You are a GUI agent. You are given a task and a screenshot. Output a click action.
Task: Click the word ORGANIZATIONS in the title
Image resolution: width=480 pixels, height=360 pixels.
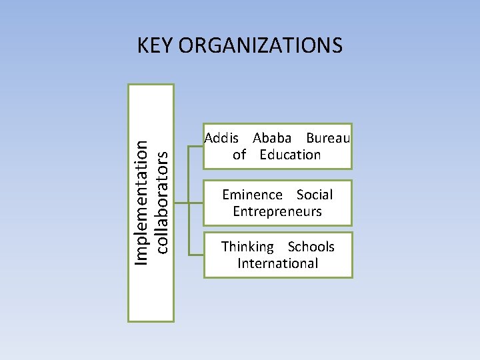point(261,45)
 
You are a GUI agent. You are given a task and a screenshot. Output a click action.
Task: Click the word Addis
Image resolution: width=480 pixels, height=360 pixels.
point(221,138)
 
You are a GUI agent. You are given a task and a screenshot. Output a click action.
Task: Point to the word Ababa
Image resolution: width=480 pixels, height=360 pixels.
point(272,138)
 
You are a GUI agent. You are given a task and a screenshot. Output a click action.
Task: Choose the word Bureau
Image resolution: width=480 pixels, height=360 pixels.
point(328,138)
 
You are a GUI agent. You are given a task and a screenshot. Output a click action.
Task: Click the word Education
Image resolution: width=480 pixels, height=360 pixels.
point(290,155)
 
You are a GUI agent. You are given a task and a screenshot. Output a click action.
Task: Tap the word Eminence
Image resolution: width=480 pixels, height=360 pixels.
point(252,195)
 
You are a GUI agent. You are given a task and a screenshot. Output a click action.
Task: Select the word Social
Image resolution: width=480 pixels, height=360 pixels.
point(315,195)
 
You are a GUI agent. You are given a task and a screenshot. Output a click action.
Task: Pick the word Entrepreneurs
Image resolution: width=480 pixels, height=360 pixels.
point(277,211)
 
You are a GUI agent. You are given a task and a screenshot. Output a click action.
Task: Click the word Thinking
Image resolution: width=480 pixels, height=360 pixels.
point(247,247)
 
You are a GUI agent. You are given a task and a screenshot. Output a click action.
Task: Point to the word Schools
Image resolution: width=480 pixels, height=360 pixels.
point(311,247)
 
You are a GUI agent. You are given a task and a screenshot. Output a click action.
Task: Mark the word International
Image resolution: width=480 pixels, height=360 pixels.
point(278,263)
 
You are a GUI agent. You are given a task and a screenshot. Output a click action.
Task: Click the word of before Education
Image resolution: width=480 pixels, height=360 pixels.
point(239,155)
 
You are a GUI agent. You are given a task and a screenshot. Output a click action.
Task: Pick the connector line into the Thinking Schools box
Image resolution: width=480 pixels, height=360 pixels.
point(196,255)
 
